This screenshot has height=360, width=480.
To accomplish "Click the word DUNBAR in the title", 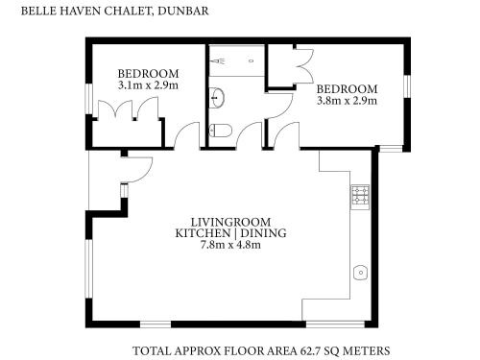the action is pyautogui.click(x=183, y=11).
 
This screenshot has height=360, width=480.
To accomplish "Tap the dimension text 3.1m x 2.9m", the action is pyautogui.click(x=148, y=85).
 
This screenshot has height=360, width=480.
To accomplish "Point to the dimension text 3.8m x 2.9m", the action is pyautogui.click(x=347, y=101).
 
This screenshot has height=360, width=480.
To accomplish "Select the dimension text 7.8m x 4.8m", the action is pyautogui.click(x=230, y=245).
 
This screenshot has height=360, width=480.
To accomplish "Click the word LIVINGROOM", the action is pyautogui.click(x=230, y=222).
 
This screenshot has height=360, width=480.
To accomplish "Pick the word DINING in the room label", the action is pyautogui.click(x=263, y=233).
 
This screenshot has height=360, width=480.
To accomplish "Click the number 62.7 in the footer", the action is pyautogui.click(x=310, y=350).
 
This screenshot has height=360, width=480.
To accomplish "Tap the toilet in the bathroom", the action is pyautogui.click(x=220, y=131).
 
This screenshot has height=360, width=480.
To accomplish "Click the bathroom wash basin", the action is pyautogui.click(x=217, y=97).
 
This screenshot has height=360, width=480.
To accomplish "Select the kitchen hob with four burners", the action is pyautogui.click(x=360, y=195).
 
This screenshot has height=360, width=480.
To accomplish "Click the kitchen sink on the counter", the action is pyautogui.click(x=360, y=273).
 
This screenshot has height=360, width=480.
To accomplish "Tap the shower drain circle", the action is pyautogui.click(x=252, y=60).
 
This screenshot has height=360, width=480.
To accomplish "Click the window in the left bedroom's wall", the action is pyautogui.click(x=88, y=99).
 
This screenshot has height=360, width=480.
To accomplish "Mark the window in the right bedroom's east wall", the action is pyautogui.click(x=407, y=86).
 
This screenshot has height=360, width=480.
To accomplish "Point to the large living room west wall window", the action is pyautogui.click(x=88, y=269).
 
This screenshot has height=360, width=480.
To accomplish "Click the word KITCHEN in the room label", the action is pyautogui.click(x=203, y=233).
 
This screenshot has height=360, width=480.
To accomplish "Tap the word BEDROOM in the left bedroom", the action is pyautogui.click(x=148, y=74).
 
